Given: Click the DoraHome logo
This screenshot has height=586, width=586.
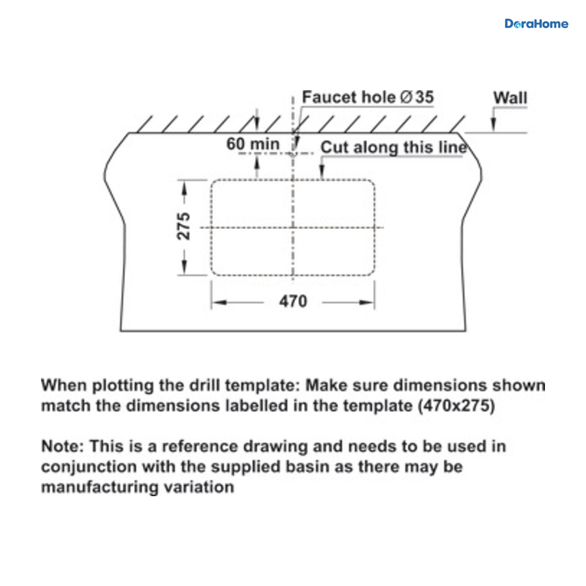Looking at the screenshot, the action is coord(536,24).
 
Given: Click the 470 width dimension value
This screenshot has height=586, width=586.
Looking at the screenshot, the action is coord(293,302).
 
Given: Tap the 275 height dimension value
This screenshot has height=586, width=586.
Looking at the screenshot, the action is coord(184,226).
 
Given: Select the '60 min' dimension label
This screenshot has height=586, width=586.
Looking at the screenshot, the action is coord(252,144).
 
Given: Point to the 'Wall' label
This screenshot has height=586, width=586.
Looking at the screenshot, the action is coord(510,98).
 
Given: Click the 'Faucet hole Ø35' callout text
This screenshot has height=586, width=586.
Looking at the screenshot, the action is coord(368,97).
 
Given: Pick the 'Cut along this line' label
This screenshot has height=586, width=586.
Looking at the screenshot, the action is coord(394,147).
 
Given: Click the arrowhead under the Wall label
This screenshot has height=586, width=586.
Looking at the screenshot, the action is coord(494,125).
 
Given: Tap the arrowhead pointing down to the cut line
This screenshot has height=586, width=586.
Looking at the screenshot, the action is coord(322,172).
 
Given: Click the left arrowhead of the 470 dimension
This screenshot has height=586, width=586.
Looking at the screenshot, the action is coord(219,302).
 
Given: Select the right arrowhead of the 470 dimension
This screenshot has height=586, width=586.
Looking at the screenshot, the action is coord(367,302).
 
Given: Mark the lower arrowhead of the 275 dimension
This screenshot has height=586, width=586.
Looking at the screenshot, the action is coord(184,267).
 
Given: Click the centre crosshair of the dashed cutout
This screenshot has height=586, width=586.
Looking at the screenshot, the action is coord(293,228).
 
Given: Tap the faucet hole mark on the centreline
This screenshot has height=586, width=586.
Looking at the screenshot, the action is coord(293,153).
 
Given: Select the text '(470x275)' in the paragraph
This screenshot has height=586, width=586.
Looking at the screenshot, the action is coord(457,406).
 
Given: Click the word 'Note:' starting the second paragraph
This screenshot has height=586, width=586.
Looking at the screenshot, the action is coord(63,447).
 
